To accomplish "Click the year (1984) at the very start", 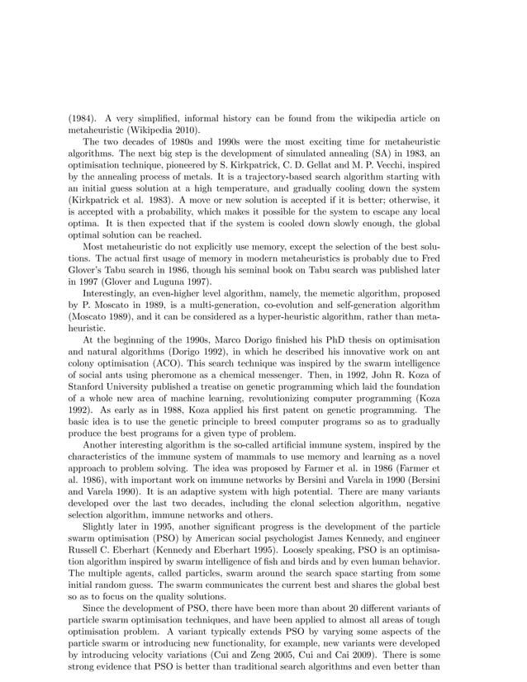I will pos(81,118).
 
